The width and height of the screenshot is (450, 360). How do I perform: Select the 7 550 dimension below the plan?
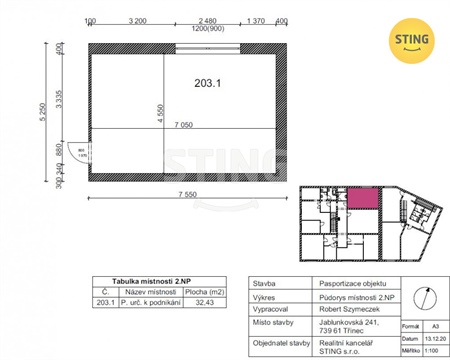[186, 194]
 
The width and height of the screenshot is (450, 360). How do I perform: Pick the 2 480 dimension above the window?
[208, 20]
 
